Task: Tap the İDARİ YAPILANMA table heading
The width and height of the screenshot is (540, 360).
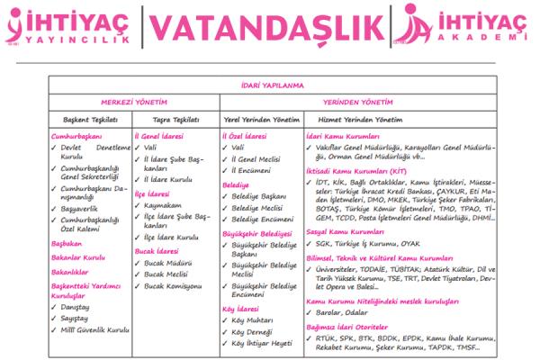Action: (268, 85)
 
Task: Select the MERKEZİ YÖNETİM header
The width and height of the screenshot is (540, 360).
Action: (134, 102)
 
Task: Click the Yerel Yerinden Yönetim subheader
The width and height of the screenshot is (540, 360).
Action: (260, 119)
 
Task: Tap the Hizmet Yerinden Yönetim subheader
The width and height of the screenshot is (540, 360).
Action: (352, 119)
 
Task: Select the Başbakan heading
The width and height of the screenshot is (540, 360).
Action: (67, 243)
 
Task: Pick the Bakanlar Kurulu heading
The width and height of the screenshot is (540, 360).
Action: (78, 256)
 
